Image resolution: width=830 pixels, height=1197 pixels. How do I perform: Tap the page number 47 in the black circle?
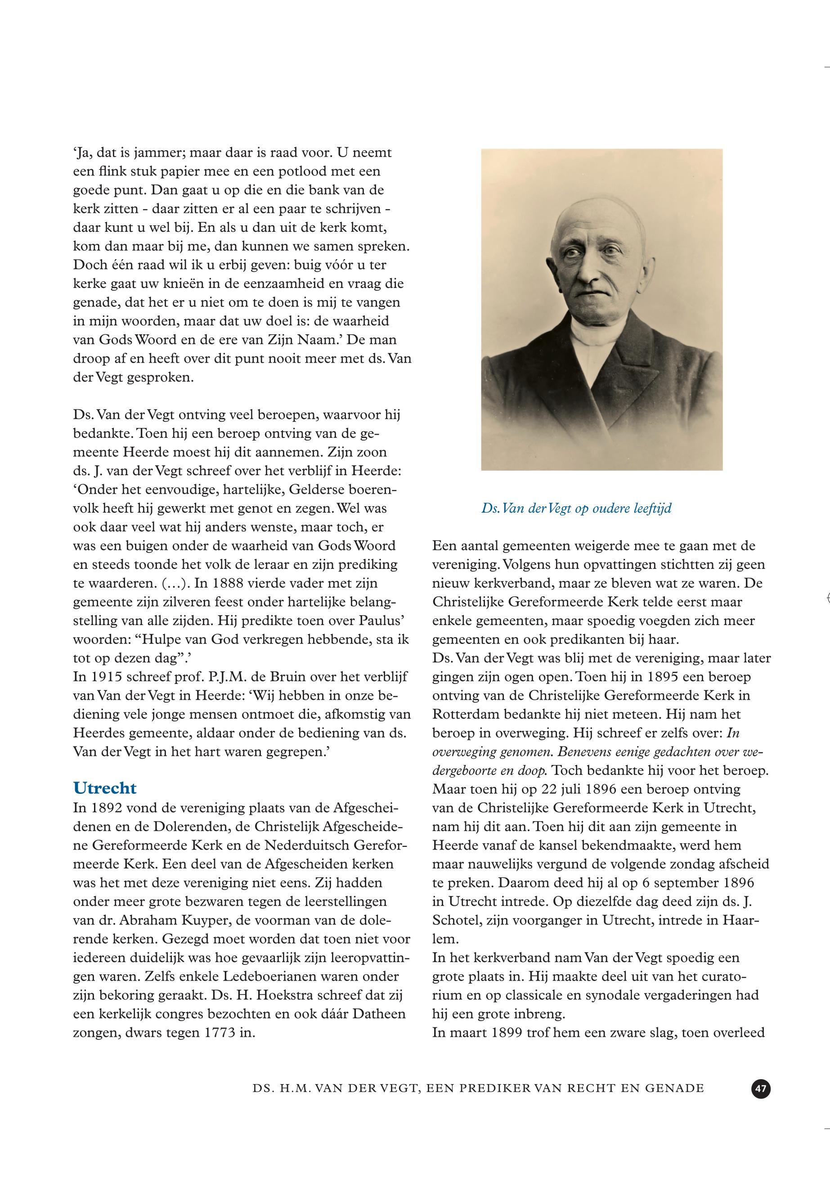coord(761,1089)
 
